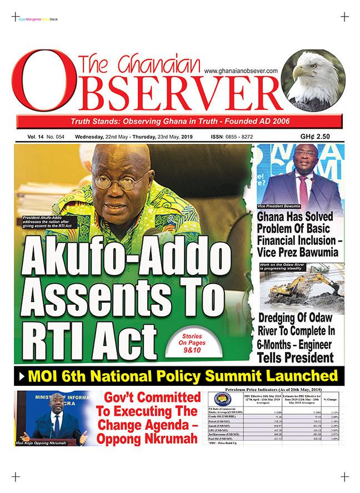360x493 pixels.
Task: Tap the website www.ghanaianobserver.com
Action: click(x=240, y=71)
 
